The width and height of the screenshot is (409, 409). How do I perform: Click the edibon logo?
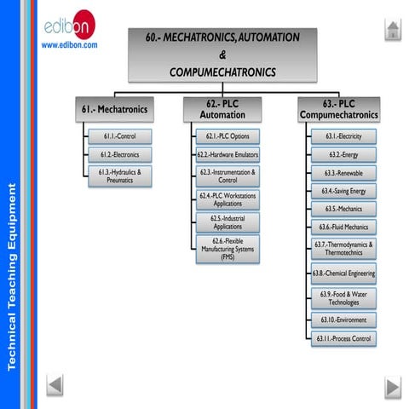pos(70,25)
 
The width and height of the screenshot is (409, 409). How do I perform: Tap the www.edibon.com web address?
pos(70,44)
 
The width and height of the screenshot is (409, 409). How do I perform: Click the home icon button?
pos(391,31)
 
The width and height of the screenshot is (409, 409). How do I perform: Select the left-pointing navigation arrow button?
pos(55,385)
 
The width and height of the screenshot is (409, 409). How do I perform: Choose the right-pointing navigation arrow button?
pos(391,385)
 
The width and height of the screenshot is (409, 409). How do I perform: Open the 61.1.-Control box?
pos(120,136)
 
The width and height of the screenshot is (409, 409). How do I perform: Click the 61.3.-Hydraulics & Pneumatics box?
pos(120,176)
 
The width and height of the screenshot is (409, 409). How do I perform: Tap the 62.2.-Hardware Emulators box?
pos(228,155)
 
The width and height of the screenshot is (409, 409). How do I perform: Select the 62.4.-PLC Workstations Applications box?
pos(228,199)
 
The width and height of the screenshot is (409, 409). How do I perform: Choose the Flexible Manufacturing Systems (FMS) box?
pos(228,249)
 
